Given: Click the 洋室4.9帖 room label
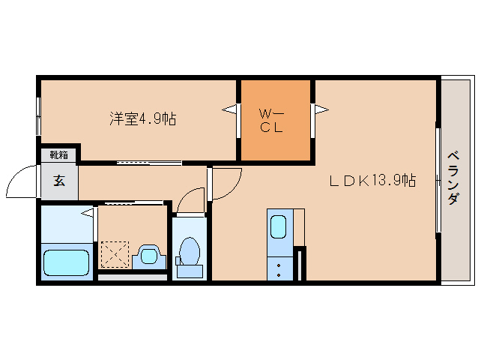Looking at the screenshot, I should coord(143,118).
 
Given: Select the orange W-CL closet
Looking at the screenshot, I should coord(275,120).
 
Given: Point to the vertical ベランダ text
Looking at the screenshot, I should coord(453,178).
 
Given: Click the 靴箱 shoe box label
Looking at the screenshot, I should coord(59,155).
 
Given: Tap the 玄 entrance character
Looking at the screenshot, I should coord(58,181).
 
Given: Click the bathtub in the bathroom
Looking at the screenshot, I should coord(67,262).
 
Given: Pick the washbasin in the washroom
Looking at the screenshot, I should coord(148,256).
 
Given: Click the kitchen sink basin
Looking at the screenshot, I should coord(277,226).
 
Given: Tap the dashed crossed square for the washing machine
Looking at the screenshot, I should coord(115,254).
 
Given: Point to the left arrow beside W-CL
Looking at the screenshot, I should coord(230,111).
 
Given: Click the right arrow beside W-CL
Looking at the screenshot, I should coord(321,111).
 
